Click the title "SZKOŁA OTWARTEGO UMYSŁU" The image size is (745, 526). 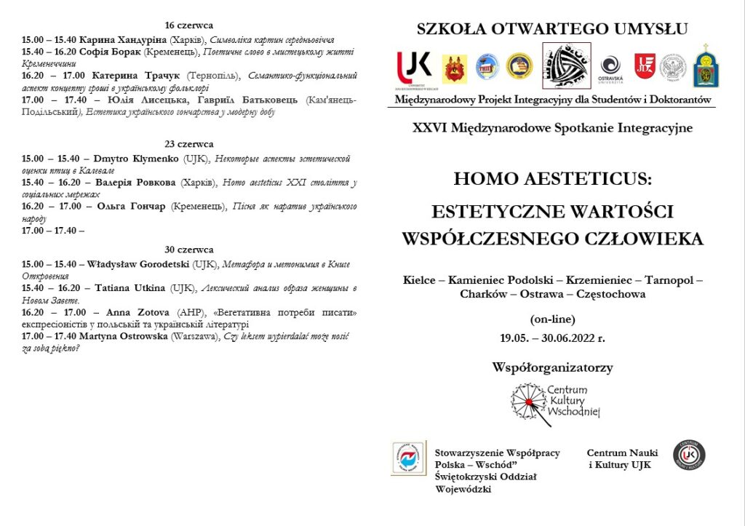[552, 29]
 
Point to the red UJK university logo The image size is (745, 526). [413, 67]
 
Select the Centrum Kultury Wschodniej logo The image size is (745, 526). [557, 403]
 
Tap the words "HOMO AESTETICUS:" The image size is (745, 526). [552, 179]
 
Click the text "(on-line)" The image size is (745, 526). [552, 319]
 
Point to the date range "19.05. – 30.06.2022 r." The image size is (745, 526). [552, 338]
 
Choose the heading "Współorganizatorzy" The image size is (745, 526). [552, 367]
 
